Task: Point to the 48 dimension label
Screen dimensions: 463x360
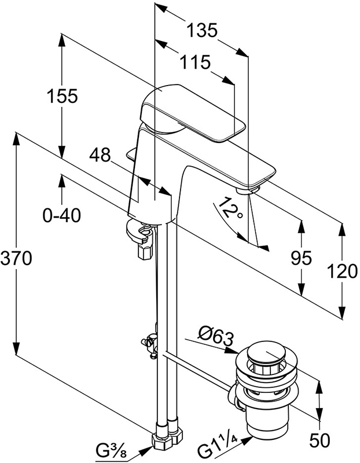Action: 100,155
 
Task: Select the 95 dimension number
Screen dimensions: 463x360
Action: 301,256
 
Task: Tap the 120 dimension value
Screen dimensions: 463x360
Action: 340,271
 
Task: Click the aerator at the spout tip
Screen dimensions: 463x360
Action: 248,189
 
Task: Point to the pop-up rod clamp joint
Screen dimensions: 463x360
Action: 150,344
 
